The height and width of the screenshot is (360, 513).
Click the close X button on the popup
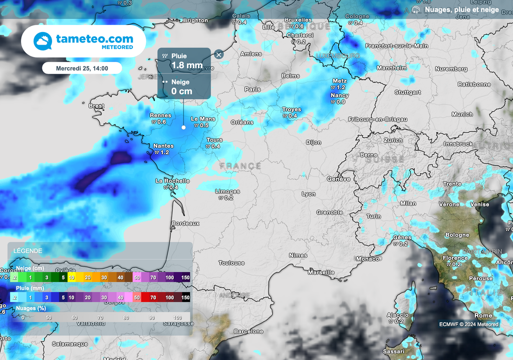[x=219, y=55]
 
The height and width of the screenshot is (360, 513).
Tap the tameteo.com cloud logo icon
[x=43, y=41]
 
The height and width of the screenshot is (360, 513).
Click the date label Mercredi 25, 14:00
[x=82, y=68]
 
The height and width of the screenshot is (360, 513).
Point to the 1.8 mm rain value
[x=187, y=65]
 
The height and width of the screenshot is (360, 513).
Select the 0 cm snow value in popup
[x=181, y=91]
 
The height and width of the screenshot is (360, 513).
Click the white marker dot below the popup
[x=183, y=127]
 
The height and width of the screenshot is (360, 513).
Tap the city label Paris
[x=252, y=89]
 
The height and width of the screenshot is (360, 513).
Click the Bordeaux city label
[x=185, y=223]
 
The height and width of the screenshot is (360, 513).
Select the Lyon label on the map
[x=309, y=194]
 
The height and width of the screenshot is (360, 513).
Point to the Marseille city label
[x=321, y=272]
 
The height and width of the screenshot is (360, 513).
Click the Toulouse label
[x=231, y=263]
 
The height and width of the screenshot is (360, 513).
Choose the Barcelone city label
[x=248, y=331]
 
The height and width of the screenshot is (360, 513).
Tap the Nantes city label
[x=163, y=146]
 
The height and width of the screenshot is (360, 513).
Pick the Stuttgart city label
[x=407, y=93]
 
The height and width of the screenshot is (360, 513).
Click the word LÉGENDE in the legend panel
[x=28, y=250]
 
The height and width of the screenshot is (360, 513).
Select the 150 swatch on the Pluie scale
[x=185, y=297]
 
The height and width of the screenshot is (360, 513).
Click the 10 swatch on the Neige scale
[x=72, y=277]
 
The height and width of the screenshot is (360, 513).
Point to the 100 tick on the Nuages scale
[x=177, y=318]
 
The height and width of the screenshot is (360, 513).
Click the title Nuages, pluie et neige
[x=461, y=10]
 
